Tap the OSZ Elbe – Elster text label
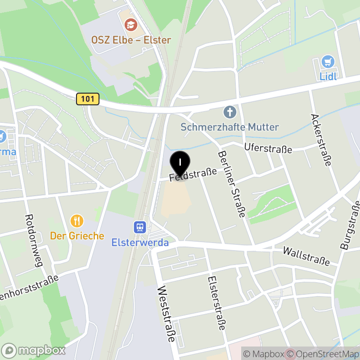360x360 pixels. (131, 40)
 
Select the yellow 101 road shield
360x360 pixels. (87, 99)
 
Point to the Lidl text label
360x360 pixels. (328, 76)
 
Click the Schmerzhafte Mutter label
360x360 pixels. (229, 127)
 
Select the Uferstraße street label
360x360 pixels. (268, 148)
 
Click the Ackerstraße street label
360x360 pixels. (321, 139)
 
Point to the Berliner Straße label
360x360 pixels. (231, 184)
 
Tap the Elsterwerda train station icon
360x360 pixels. (140, 227)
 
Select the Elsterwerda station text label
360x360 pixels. (140, 243)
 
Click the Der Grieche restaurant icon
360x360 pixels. (77, 220)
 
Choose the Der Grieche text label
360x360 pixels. (77, 236)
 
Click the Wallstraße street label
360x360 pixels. (306, 256)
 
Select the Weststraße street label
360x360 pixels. (166, 315)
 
